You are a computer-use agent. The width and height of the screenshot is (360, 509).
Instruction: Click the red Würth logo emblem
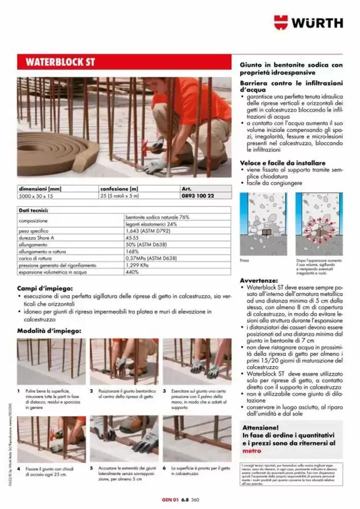coord(281,22)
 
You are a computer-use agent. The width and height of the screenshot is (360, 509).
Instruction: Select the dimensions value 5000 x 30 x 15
coord(39,196)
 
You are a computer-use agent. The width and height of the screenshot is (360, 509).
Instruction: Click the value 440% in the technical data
coord(132,272)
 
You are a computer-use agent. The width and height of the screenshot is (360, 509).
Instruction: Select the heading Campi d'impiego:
coord(45,289)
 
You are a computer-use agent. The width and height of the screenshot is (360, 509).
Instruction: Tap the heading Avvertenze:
coord(259,280)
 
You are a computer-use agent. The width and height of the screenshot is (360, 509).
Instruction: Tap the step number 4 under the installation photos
coord(19,469)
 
